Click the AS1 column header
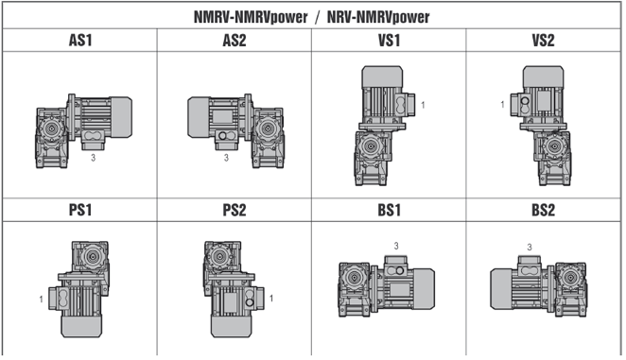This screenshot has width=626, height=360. pos(80,41)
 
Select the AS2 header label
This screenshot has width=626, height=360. pos(235,41)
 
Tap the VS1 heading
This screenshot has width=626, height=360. pos(389,41)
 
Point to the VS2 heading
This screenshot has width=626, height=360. pos(543,41)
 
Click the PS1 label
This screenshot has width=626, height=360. pos(80,210)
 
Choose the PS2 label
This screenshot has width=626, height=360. pos(235,210)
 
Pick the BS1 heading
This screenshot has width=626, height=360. pos(389,210)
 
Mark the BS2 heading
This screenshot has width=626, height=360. pos(543,210)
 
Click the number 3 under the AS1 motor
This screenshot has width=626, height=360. pos(93,158)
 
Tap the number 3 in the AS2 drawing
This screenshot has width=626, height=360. pos(226,158)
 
